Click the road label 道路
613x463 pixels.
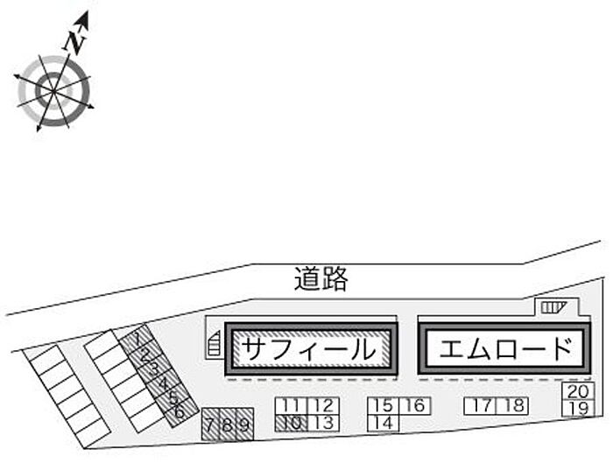coord(321,279)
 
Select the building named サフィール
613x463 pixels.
coord(312,349)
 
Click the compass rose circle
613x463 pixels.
coord(53,89)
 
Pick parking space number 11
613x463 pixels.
coord(292,405)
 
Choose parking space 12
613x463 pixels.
coord(323,405)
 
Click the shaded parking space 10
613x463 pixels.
coord(292,423)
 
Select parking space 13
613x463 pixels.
coord(323,423)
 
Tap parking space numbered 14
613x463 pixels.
coord(381,423)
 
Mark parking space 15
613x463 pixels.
coord(381,405)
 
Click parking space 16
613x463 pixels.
coord(414,405)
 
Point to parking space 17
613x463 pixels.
coord(480,405)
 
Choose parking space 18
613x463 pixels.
coord(514,405)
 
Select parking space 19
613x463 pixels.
coord(577,409)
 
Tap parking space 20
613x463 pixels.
coord(577,392)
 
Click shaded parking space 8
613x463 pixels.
coord(227,425)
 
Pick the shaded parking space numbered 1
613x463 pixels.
coord(137,337)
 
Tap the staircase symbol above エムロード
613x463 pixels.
coord(553,305)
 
